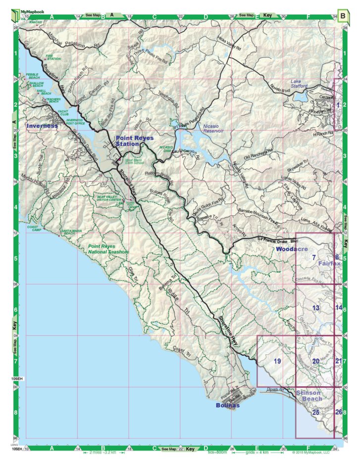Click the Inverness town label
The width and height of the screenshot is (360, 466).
pos(42,126)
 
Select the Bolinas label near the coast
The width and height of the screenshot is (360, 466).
pos(227,405)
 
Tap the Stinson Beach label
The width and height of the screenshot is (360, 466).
pos(309,395)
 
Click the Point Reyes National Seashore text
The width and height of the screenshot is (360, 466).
pos(108,249)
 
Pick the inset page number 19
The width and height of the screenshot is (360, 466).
pos(277,361)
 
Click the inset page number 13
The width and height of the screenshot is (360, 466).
pos(316,308)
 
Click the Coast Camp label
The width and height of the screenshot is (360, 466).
pos(33,228)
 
